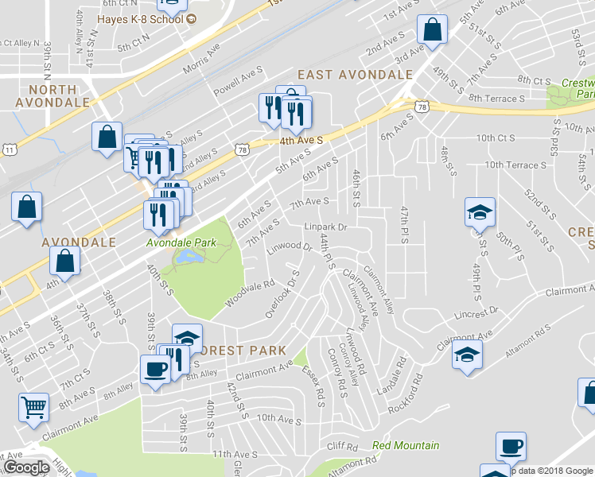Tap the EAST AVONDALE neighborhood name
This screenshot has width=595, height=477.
pos(355,75)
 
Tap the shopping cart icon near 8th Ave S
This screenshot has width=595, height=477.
pos(33,407)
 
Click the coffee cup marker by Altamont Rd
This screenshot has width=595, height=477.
pos(511,447)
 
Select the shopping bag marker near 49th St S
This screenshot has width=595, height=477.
pos(432,31)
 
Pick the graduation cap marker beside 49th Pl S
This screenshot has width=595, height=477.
pos(480,212)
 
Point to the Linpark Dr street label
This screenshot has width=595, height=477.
pos(327,227)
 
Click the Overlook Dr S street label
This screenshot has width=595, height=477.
pos(282,297)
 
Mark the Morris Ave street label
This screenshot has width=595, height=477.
pos(201,58)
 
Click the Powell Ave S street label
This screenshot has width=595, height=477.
pos(238,80)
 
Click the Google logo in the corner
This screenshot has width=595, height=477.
pos(26,467)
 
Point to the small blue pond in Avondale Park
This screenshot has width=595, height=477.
pos(189,257)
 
